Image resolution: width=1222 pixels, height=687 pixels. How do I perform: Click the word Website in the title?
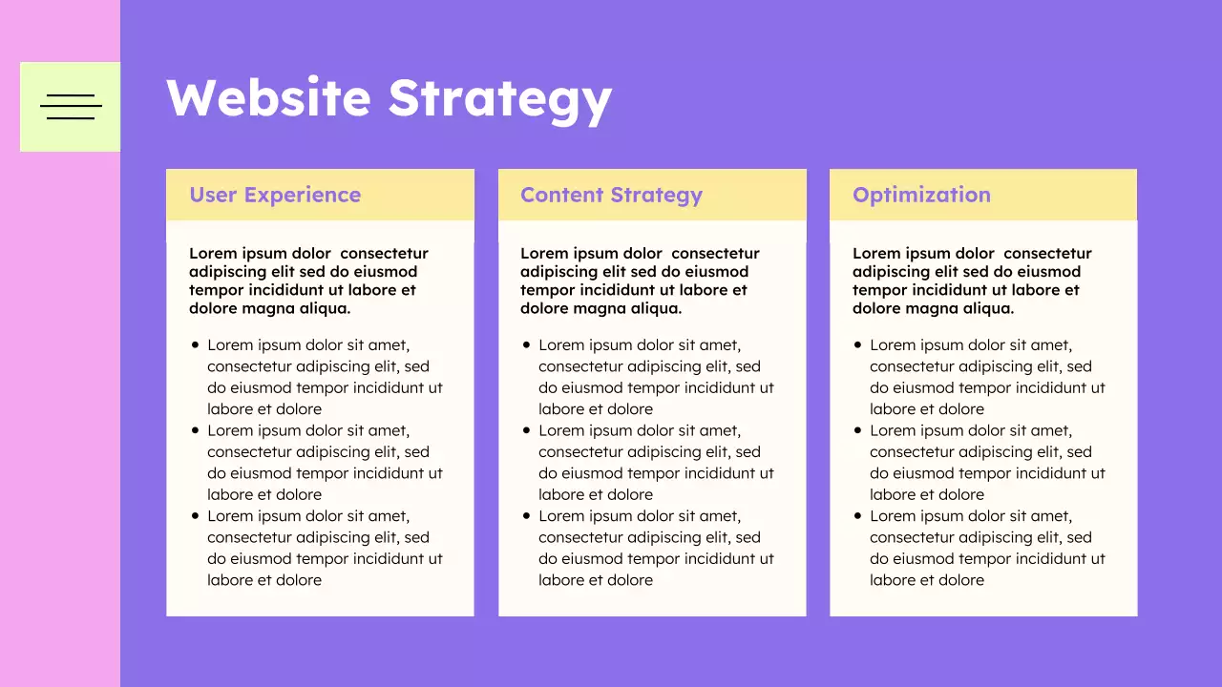pos(268,98)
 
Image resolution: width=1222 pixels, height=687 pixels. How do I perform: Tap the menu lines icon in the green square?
pos(71,107)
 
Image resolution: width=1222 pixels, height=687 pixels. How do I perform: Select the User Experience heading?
pos(275,195)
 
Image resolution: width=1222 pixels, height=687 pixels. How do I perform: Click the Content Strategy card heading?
pos(611,195)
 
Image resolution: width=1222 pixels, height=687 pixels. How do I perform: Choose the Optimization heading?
pos(921,195)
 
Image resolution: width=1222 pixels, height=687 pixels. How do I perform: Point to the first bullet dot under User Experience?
pos(196,345)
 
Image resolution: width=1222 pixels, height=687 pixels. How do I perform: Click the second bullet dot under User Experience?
pos(196,430)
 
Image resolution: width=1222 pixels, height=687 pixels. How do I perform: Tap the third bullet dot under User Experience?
pos(196,516)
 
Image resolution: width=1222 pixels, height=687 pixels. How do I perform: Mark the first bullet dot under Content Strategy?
pos(527,345)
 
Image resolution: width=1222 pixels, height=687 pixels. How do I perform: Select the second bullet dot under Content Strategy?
pos(527,430)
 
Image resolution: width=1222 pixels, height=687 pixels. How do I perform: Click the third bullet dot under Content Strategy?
pos(527,516)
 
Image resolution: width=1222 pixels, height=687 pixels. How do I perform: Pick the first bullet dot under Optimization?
pos(858,345)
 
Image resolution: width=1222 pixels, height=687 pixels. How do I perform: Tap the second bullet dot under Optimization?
pos(858,430)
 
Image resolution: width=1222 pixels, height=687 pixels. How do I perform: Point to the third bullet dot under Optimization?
pos(858,516)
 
